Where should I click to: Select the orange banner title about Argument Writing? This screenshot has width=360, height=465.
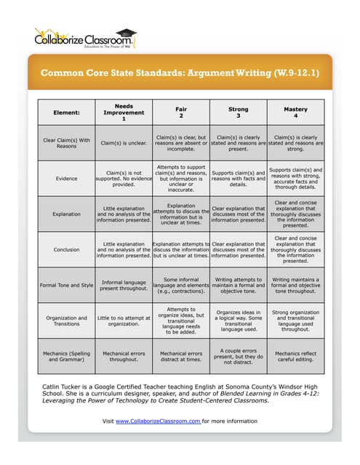(x=180, y=73)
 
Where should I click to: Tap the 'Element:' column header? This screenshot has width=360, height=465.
(x=66, y=113)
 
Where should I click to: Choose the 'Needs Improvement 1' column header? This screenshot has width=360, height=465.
(x=124, y=113)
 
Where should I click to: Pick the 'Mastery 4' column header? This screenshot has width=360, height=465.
(x=295, y=113)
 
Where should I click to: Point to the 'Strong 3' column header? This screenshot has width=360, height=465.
(x=238, y=113)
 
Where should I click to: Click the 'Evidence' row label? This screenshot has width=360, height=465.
(x=66, y=178)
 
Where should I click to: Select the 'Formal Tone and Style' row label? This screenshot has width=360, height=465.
(x=66, y=284)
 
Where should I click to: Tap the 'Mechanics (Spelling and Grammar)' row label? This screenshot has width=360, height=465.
(x=66, y=356)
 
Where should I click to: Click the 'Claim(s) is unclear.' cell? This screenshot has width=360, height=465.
(x=124, y=143)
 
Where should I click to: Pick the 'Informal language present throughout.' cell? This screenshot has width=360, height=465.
(x=124, y=284)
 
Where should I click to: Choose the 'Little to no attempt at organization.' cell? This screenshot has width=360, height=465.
(x=124, y=320)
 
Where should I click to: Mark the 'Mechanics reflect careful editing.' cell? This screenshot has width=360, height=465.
(x=295, y=356)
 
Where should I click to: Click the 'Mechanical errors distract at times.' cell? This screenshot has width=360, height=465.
(x=180, y=356)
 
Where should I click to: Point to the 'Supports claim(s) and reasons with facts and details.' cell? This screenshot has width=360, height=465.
(x=238, y=178)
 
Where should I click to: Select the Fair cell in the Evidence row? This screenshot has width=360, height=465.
(x=180, y=178)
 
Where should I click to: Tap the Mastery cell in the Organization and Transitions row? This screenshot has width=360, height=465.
(x=295, y=320)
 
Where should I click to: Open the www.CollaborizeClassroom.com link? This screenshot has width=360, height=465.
(x=158, y=421)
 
